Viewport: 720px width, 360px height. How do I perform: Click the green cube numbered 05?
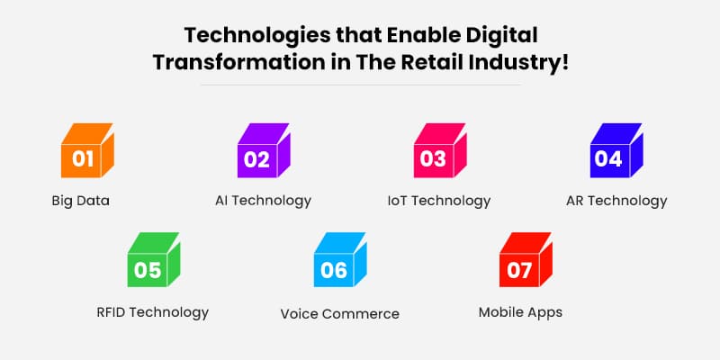tap(152, 263)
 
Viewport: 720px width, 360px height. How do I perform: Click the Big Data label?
tap(80, 201)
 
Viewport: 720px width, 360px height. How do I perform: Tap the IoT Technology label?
tap(438, 201)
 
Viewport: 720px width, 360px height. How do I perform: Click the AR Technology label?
tap(617, 201)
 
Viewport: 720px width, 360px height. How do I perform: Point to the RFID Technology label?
tap(152, 312)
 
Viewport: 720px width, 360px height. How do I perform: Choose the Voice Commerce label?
tap(339, 314)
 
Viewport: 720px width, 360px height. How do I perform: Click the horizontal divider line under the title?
tap(360, 85)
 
